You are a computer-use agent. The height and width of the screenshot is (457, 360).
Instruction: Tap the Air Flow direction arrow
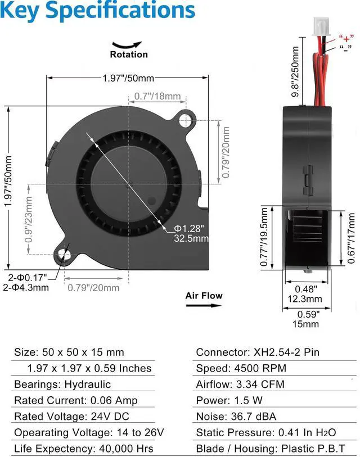(x=204, y=305)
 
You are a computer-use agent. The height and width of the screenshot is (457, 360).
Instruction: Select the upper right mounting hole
(x=185, y=120)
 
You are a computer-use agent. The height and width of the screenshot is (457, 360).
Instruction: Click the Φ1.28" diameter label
(x=189, y=228)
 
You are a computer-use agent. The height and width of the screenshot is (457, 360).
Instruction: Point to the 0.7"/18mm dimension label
(x=157, y=96)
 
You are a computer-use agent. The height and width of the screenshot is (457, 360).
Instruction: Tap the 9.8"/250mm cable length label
(x=295, y=71)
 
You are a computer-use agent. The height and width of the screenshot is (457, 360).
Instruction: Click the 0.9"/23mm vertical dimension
(x=29, y=219)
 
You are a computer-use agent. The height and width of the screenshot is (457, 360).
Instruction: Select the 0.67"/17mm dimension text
(x=351, y=238)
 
